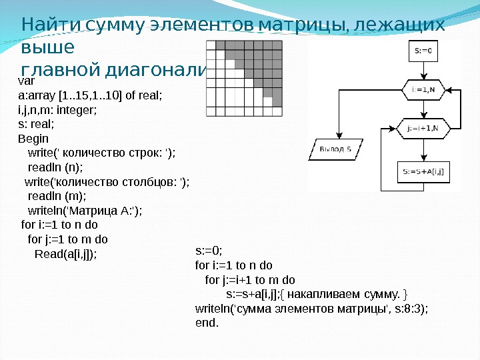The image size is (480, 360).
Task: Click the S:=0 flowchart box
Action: (x=423, y=51)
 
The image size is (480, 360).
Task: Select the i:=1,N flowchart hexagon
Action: (x=423, y=89)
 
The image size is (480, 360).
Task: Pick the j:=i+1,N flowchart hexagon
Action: (x=423, y=127)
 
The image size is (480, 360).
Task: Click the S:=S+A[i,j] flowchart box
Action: (x=423, y=172)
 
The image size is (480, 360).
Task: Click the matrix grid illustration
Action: (x=245, y=78)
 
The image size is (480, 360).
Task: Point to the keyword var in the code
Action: (x=26, y=81)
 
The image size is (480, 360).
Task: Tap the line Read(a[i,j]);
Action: (x=65, y=254)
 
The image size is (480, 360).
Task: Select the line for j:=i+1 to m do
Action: (x=250, y=279)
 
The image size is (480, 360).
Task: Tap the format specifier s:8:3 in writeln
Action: (x=408, y=309)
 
